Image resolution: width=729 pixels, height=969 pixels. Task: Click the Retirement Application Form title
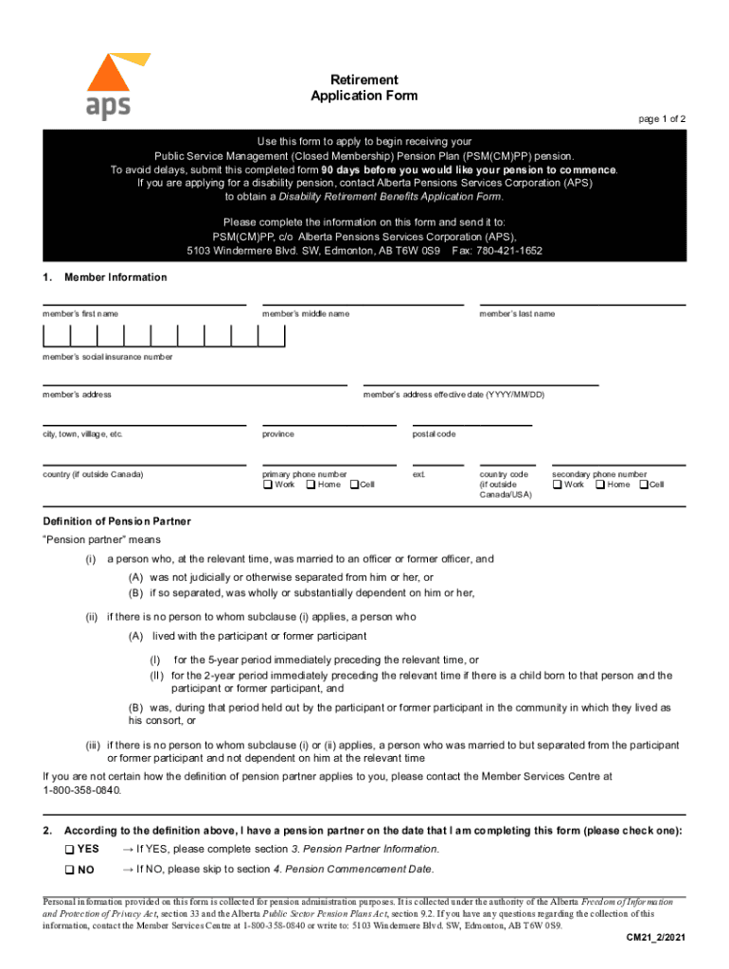click(x=364, y=88)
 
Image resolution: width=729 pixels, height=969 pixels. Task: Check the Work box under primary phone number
click(x=267, y=485)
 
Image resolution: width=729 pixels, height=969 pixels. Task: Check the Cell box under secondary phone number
click(x=643, y=485)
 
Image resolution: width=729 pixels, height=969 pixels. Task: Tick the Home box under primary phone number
click(x=311, y=485)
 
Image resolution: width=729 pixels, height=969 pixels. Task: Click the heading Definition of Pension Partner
click(x=116, y=521)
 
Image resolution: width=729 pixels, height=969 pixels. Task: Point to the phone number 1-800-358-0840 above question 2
click(x=82, y=790)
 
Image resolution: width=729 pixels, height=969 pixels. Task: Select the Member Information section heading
click(x=116, y=277)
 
